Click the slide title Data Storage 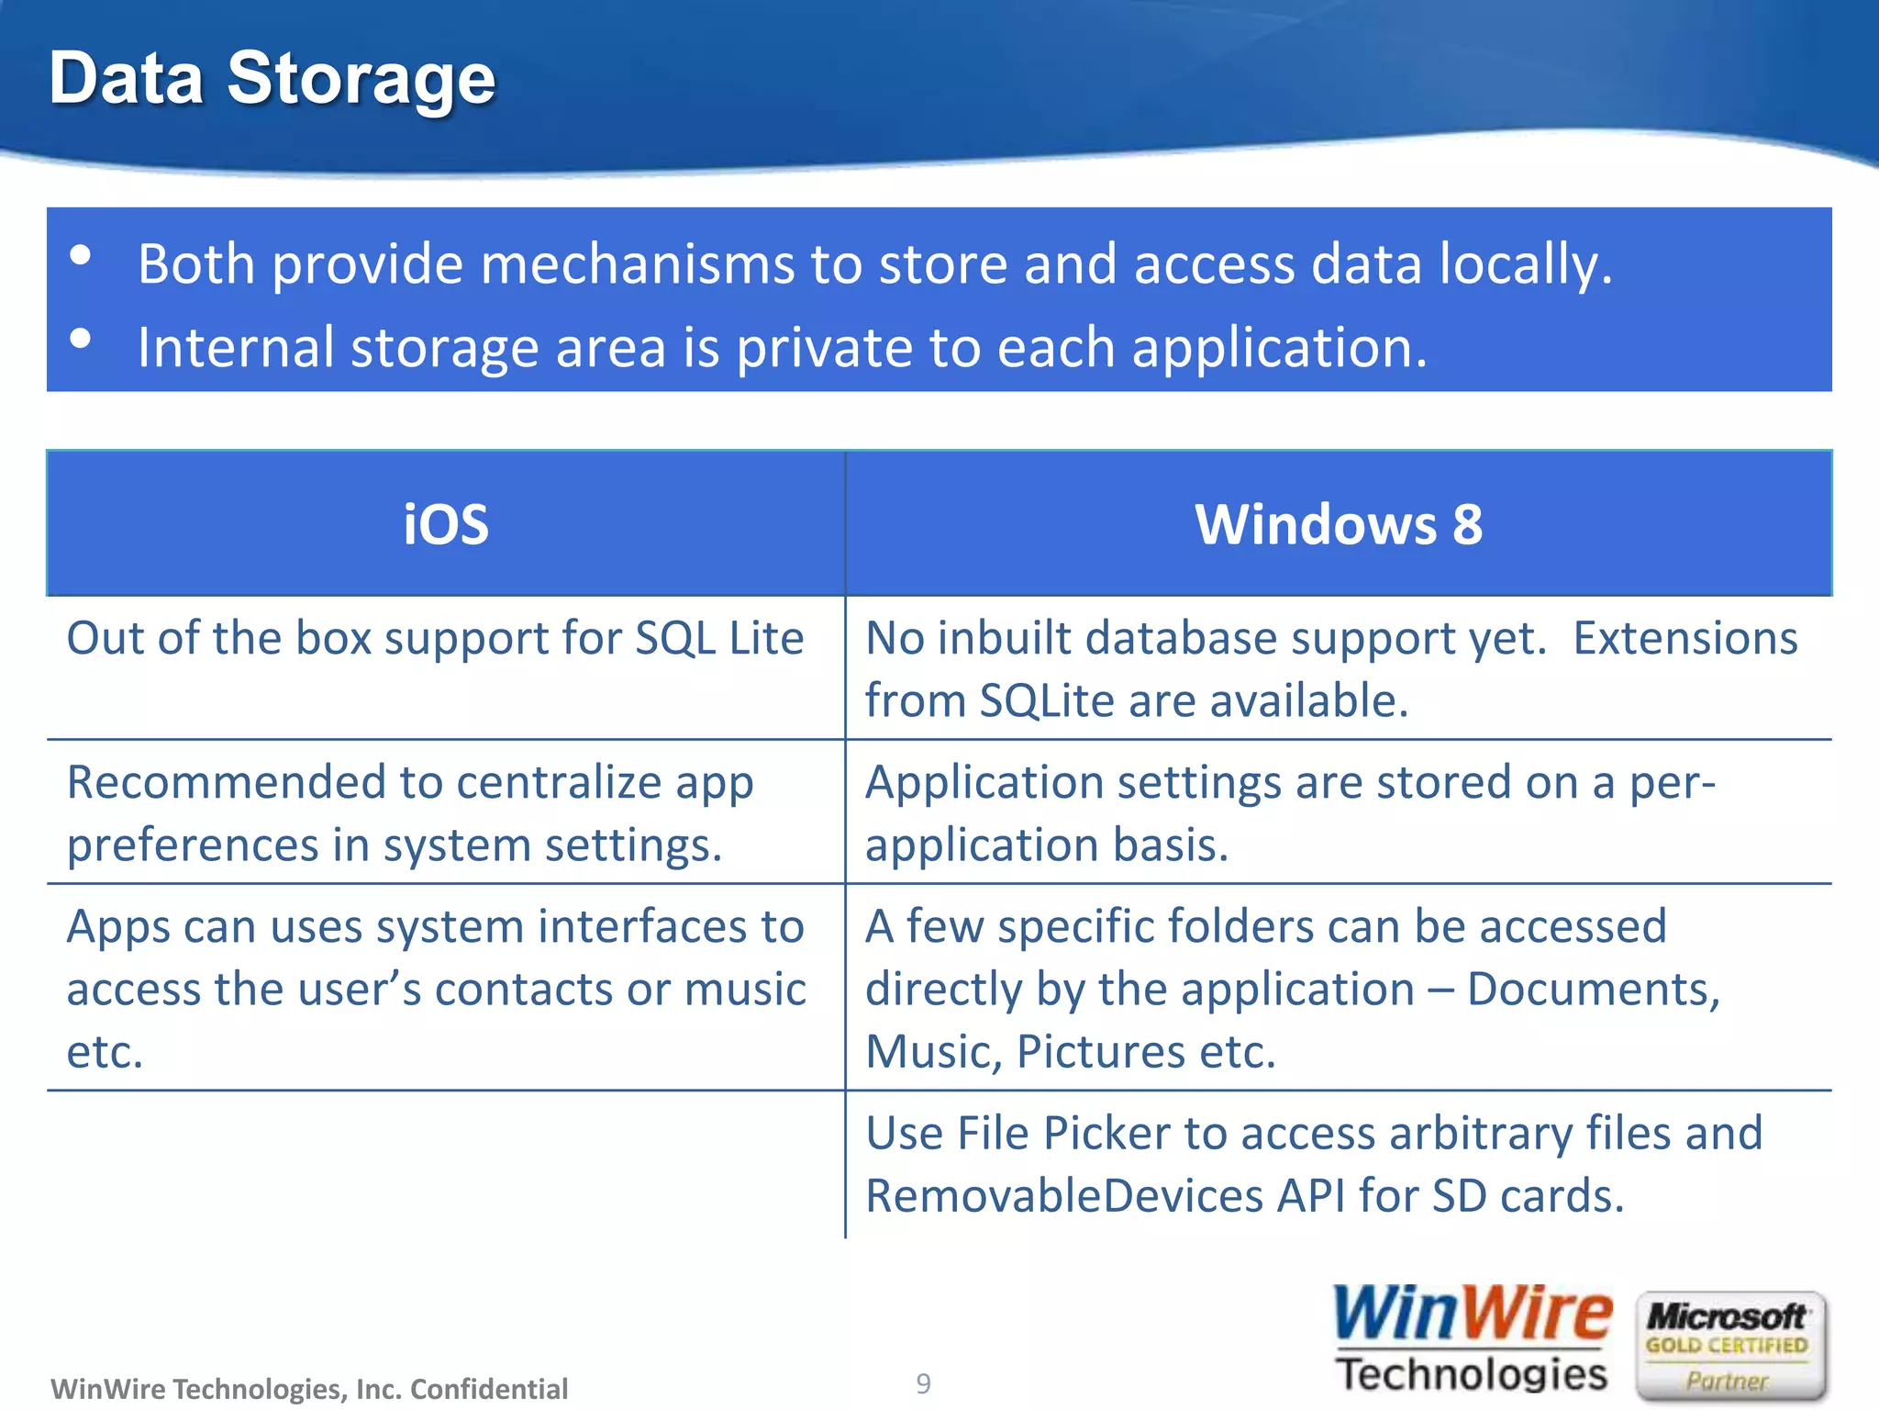(x=272, y=79)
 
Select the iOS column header (x=446, y=524)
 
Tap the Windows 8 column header (x=1339, y=524)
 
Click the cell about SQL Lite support (x=435, y=639)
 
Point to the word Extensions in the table (x=1684, y=639)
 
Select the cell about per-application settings (x=1290, y=813)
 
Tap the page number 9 (x=923, y=1383)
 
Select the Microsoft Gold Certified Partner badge (x=1729, y=1346)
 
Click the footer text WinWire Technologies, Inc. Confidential (x=309, y=1389)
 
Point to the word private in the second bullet (x=824, y=348)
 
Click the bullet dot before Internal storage (x=81, y=339)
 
